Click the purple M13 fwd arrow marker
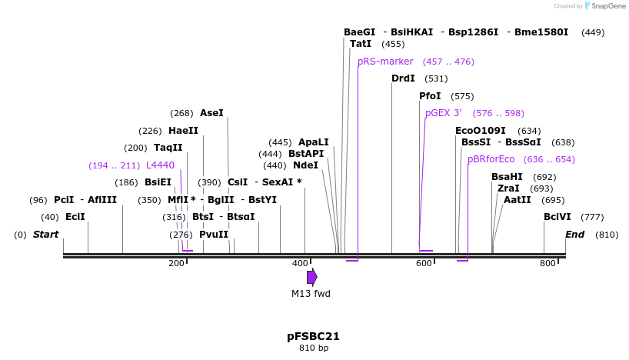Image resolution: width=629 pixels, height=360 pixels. (311, 277)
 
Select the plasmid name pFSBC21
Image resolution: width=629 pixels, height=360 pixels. (313, 336)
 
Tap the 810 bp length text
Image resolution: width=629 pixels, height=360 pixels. (313, 348)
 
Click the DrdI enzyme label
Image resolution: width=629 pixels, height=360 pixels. (403, 78)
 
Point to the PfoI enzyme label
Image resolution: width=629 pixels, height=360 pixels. (430, 96)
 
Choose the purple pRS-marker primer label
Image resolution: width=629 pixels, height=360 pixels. (385, 62)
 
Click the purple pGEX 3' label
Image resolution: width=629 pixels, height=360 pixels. (444, 113)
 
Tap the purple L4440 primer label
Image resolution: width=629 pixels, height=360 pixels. (160, 165)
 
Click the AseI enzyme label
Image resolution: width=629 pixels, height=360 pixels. (211, 113)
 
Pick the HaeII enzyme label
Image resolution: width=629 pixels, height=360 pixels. (183, 131)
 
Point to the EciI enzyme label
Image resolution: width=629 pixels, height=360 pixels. (75, 217)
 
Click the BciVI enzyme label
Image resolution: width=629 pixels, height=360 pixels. (557, 217)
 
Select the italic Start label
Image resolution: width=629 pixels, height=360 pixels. (45, 234)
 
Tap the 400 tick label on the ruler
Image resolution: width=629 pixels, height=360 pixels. (300, 264)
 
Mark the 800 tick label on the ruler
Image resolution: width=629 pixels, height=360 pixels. (547, 264)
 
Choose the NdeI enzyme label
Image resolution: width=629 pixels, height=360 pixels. (305, 165)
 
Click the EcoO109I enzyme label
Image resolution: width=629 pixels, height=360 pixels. (481, 131)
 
